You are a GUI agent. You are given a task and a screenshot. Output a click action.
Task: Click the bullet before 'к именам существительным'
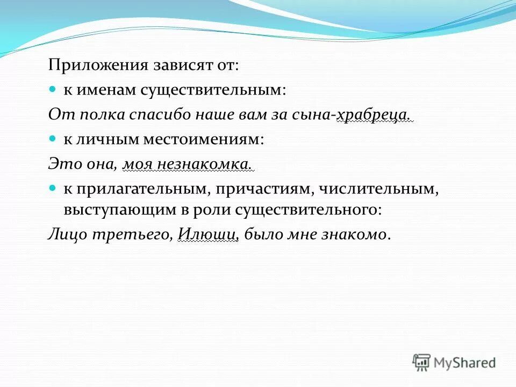[53, 89]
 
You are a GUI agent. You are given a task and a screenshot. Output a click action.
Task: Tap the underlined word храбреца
[374, 114]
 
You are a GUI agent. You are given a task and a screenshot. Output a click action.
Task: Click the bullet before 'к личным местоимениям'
[53, 138]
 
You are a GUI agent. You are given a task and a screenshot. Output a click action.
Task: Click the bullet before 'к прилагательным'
[53, 187]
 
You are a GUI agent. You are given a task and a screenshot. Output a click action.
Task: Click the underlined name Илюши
[207, 234]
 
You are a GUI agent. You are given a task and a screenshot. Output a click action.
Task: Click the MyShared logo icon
[422, 363]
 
